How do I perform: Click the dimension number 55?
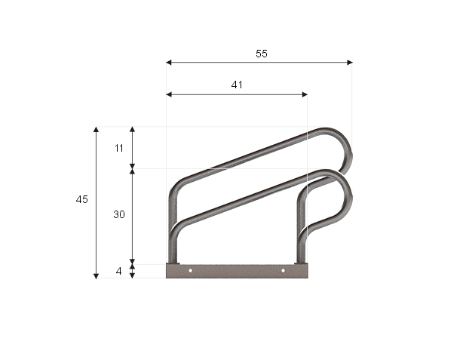(262, 54)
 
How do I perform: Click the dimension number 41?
(237, 85)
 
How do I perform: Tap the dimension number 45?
(82, 199)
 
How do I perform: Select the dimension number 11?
(119, 148)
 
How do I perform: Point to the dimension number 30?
(119, 214)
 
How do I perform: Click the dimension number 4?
(118, 272)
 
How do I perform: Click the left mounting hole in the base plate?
(190, 270)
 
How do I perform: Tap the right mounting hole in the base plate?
(283, 270)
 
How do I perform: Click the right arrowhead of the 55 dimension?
(350, 63)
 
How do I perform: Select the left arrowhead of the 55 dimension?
(169, 63)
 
